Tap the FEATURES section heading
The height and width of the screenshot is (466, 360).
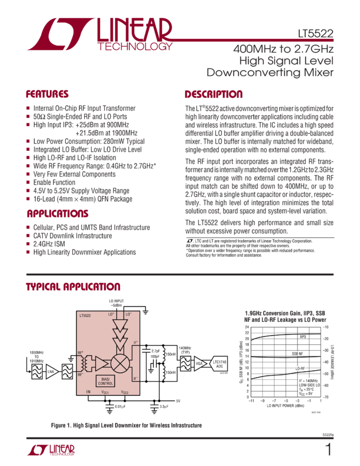48,94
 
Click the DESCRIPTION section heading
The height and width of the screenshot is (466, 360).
213,94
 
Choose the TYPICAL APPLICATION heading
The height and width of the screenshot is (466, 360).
73,287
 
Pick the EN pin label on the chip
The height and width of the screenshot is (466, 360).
88,392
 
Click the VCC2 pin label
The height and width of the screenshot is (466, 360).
124,393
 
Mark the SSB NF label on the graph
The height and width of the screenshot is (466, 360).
297,353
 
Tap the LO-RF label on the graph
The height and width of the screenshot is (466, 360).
300,369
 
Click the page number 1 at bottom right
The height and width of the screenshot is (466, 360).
328,450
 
